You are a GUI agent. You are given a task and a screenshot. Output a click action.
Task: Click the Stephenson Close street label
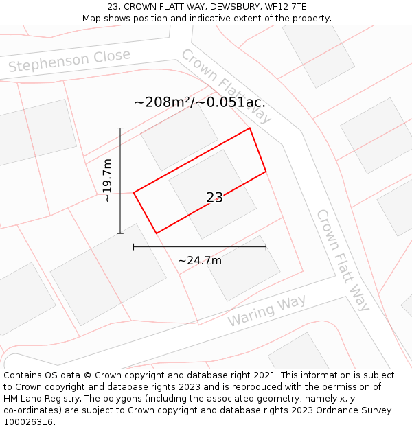69,60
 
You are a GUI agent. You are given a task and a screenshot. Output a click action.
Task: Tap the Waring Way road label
266,311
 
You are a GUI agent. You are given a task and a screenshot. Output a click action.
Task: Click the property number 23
214,198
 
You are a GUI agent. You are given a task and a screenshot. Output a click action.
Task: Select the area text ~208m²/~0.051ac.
199,102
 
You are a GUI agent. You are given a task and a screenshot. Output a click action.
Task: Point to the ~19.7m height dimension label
107,181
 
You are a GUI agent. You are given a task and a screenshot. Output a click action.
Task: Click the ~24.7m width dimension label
199,260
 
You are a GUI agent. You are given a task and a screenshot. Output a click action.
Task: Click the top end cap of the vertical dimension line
120,128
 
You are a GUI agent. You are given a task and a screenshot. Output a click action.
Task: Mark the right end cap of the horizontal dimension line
266,247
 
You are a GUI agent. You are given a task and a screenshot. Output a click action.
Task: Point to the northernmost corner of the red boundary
249,128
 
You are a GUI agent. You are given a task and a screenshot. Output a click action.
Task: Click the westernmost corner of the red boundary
133,192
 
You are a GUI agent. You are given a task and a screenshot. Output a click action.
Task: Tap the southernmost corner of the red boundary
157,233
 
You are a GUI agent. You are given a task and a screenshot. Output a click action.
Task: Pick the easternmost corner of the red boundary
266,171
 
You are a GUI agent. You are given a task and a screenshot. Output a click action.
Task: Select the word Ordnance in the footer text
335,410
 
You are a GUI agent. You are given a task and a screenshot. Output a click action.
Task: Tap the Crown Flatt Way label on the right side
342,260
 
